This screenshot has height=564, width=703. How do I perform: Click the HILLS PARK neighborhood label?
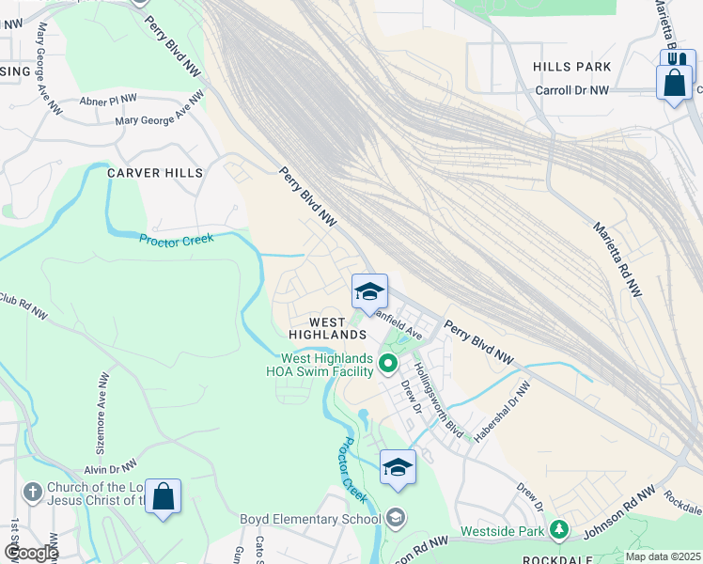571,67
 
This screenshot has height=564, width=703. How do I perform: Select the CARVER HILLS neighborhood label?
154,173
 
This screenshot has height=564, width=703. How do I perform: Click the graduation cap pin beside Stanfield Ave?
370,291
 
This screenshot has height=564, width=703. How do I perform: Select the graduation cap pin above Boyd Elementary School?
398,466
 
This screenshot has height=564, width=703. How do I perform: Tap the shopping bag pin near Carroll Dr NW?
675,82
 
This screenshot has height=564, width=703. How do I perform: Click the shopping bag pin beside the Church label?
163,497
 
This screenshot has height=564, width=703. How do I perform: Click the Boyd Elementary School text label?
310,519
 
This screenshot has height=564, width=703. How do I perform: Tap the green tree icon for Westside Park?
559,529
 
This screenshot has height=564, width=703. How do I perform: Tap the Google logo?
30,552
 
